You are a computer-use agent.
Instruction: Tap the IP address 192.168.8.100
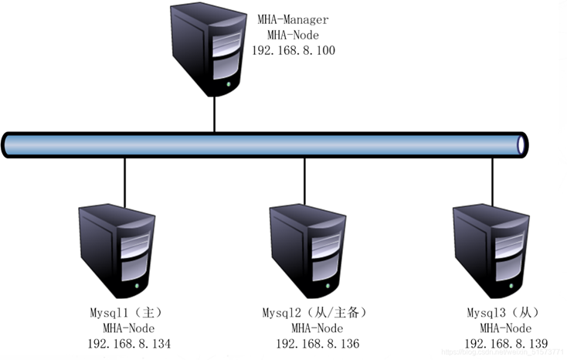point(294,50)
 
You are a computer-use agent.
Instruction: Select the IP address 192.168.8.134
point(129,343)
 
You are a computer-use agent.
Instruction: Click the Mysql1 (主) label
point(129,313)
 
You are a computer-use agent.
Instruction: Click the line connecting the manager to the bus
point(214,115)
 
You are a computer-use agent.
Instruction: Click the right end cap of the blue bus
point(523,144)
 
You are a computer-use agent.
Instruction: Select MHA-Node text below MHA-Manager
point(294,35)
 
